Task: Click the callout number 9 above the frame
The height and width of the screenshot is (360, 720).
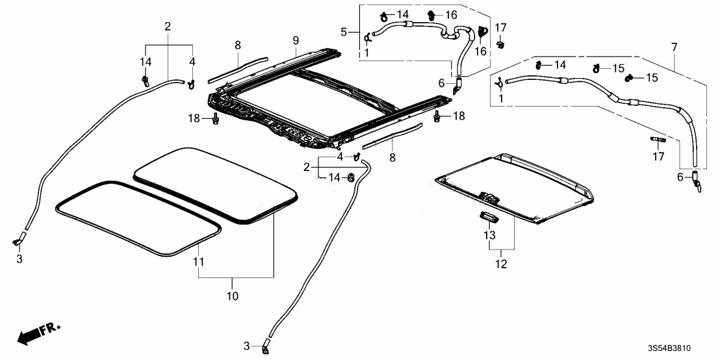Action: [x=296, y=39]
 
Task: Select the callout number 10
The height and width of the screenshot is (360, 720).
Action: [x=233, y=296]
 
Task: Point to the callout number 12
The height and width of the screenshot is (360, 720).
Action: [x=501, y=264]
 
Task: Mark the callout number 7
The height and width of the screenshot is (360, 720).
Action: [x=674, y=48]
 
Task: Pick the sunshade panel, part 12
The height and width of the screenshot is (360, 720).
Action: [x=513, y=185]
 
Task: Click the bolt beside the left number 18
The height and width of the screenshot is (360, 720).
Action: [x=214, y=118]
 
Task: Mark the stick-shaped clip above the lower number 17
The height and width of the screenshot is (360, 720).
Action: [x=658, y=139]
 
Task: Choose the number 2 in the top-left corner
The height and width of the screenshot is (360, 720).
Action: [x=168, y=27]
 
